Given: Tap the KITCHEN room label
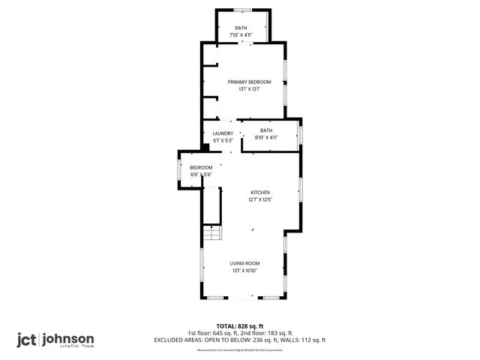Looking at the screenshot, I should [x=259, y=192].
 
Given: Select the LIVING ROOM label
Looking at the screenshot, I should [x=244, y=263].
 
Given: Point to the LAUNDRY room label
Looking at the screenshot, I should [x=223, y=133].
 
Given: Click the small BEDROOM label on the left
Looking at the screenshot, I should [x=201, y=167].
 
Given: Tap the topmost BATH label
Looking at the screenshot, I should [x=241, y=28].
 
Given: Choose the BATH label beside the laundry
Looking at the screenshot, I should [x=266, y=130].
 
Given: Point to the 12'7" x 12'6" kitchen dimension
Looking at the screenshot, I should [x=259, y=199].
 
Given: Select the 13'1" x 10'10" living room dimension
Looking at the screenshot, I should [x=244, y=271].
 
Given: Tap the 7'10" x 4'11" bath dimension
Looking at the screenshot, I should [x=241, y=35].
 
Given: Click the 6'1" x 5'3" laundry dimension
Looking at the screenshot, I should [x=223, y=140].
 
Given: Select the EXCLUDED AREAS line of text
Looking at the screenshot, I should [x=239, y=340].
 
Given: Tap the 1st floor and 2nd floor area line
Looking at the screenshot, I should [x=239, y=333].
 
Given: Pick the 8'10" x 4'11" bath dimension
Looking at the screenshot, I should [x=266, y=137].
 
